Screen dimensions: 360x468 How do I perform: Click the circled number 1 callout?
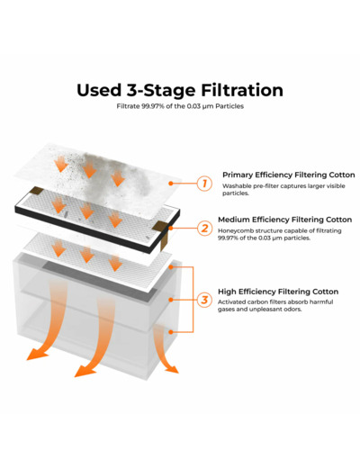[204, 183]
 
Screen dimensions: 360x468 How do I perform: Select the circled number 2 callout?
[204, 228]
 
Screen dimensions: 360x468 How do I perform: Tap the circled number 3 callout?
[204, 300]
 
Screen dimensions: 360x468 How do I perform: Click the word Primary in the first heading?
[238, 175]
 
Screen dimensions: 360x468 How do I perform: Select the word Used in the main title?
[99, 90]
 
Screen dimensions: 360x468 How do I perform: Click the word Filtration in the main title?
[242, 90]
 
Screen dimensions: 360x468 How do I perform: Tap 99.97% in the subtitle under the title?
[153, 106]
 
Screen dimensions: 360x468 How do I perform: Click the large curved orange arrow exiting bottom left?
[52, 324]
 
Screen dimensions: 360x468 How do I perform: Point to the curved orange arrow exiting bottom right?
[165, 349]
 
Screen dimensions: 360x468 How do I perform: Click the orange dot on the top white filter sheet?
[171, 183]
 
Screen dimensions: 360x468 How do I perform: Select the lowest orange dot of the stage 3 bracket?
[171, 332]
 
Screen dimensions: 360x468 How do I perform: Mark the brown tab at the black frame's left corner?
[36, 190]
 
